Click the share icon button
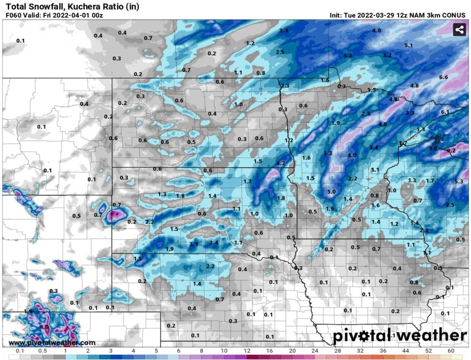coord(460,29)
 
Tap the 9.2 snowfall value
coord(451,150)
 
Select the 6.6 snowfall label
coord(443,77)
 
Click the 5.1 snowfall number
coord(409,45)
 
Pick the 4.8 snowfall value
coord(414,86)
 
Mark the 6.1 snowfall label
coord(445,112)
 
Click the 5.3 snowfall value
coord(459,181)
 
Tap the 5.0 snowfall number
coord(331,192)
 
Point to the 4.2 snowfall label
coord(281,163)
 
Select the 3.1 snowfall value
coord(194,244)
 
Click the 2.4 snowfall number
coord(214,242)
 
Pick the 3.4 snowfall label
coord(373,147)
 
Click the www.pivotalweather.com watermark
coord(52,342)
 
